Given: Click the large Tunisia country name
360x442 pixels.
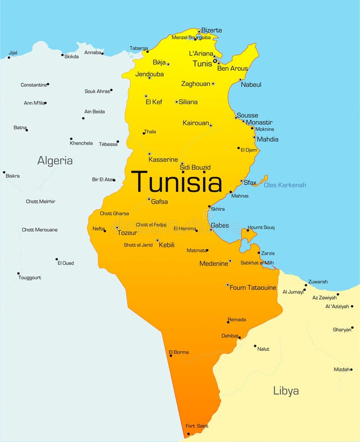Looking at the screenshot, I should click(x=177, y=182).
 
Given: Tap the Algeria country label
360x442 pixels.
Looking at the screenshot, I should click(x=55, y=161).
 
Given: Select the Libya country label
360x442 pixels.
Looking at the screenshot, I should click(x=286, y=391).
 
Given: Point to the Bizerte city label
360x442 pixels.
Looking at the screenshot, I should click(x=212, y=30).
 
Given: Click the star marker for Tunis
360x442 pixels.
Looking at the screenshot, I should click(x=215, y=61).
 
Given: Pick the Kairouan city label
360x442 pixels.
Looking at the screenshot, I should click(x=195, y=123).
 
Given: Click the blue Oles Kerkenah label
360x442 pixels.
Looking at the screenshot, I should click(x=285, y=185).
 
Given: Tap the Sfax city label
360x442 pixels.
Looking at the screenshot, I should click(x=250, y=183).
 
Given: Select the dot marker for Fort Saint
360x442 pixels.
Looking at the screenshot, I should click(x=188, y=434).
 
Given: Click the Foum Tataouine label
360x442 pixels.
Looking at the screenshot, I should click(x=253, y=288).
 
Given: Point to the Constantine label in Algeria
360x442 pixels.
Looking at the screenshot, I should click(x=33, y=85).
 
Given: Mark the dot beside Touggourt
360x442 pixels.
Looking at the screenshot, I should click(x=18, y=274).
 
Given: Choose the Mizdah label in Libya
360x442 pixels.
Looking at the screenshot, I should click(x=341, y=369).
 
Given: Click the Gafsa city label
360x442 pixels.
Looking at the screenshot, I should click(x=159, y=201).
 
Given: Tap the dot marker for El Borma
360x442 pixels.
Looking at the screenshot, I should click(x=170, y=356).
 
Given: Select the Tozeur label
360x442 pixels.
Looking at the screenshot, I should click(x=127, y=233).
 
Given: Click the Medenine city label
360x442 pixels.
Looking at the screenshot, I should click(x=214, y=264).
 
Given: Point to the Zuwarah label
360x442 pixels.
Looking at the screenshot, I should click(x=318, y=282).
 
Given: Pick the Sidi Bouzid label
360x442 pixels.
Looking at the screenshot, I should click(x=195, y=167).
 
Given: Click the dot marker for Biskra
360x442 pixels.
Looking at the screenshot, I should click(x=4, y=172).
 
